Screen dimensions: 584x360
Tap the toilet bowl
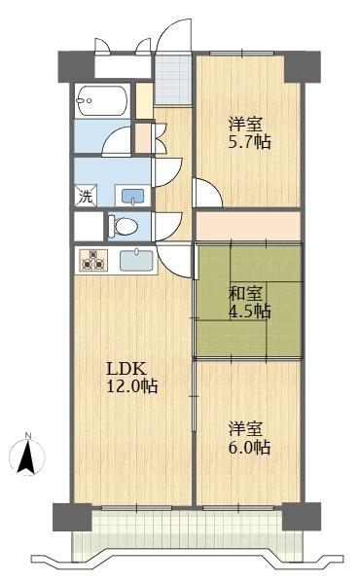(x=125, y=226)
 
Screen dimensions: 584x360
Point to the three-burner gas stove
(x=94, y=261)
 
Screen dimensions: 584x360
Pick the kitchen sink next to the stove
(x=136, y=261)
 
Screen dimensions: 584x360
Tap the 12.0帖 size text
(x=131, y=386)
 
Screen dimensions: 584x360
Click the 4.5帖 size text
(x=250, y=312)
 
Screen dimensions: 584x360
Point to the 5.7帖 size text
(x=250, y=142)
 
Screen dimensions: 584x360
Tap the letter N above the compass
(x=29, y=435)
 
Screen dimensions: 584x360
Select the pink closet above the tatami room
(x=248, y=226)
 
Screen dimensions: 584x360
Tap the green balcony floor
(x=185, y=534)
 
